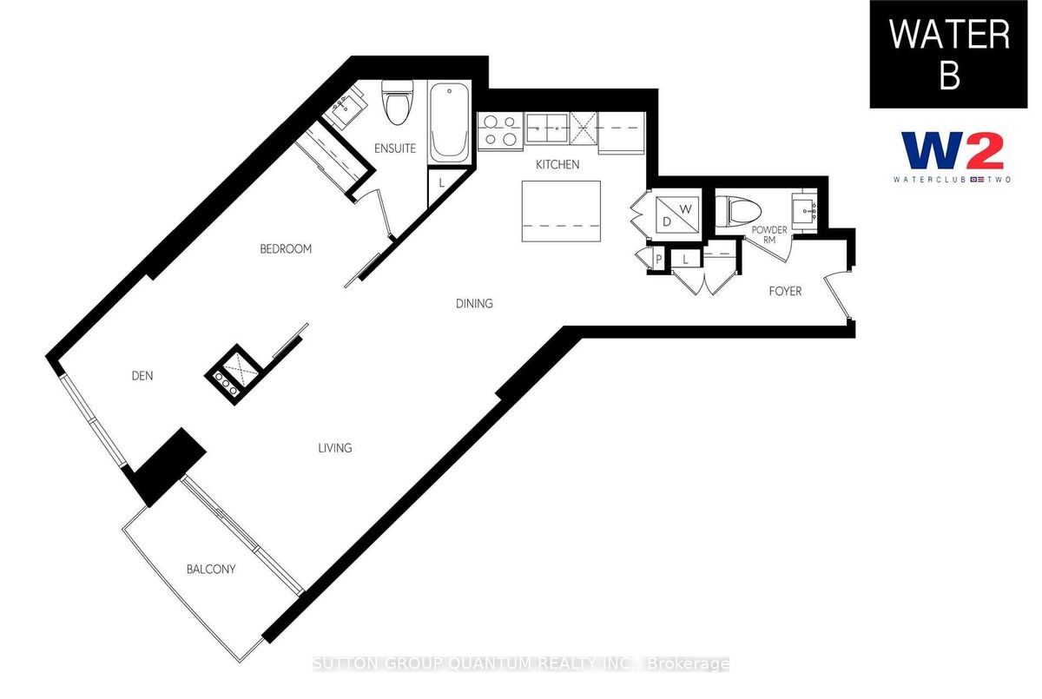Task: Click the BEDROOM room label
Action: (x=286, y=249)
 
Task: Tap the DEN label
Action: (x=142, y=376)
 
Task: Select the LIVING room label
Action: (x=335, y=448)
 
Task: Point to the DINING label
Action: (x=474, y=304)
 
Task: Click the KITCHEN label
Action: (x=557, y=165)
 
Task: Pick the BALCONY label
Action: (x=211, y=570)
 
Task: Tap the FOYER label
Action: (x=785, y=292)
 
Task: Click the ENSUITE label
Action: (x=395, y=148)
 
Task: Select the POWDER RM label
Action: (x=769, y=234)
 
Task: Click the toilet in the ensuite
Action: (x=398, y=102)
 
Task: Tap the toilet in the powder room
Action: (x=738, y=212)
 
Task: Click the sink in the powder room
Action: (x=804, y=211)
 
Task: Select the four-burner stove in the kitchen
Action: (x=500, y=131)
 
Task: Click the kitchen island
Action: (x=561, y=212)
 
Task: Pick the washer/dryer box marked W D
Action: (x=676, y=214)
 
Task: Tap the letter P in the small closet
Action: (x=659, y=259)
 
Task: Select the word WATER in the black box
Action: (x=949, y=35)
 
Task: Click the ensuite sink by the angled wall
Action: (x=344, y=109)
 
